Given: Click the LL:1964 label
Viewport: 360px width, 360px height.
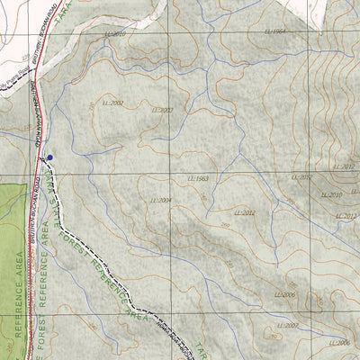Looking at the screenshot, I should [x=276, y=31].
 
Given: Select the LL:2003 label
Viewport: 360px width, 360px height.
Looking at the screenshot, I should [x=162, y=110].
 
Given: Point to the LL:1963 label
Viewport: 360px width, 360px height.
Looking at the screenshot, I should [x=198, y=179].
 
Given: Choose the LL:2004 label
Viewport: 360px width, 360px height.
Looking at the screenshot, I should [x=161, y=200].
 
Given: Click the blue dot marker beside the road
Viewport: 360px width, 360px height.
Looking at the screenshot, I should [x=49, y=157].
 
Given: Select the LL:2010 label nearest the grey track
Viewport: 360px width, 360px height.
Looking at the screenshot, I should [x=115, y=33].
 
